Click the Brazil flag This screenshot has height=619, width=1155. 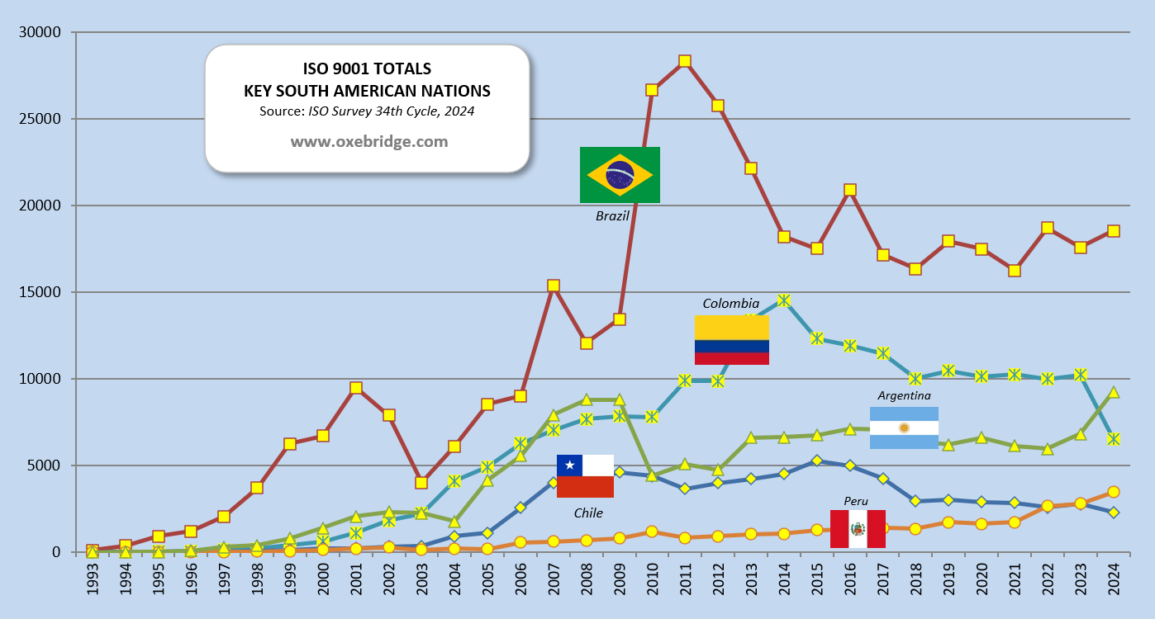pyautogui.click(x=620, y=174)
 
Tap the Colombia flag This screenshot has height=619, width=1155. pyautogui.click(x=732, y=339)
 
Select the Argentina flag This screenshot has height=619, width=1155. pyautogui.click(x=904, y=428)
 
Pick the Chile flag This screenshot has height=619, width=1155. pyautogui.click(x=585, y=476)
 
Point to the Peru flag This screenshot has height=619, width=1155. pyautogui.click(x=858, y=528)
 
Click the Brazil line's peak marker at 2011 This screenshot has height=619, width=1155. pyautogui.click(x=684, y=61)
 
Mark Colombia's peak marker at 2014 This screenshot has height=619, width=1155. pyautogui.click(x=784, y=300)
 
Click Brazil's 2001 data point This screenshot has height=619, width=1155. pyautogui.click(x=355, y=388)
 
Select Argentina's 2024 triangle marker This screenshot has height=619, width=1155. pyautogui.click(x=1114, y=392)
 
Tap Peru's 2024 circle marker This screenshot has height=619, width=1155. pyautogui.click(x=1114, y=492)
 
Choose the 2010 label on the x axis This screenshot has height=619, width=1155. pyautogui.click(x=652, y=581)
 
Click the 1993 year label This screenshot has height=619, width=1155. pyautogui.click(x=93, y=581)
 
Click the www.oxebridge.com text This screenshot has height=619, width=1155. pyautogui.click(x=368, y=141)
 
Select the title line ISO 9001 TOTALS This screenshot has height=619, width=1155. pyautogui.click(x=367, y=69)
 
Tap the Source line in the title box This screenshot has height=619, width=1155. pyautogui.click(x=367, y=111)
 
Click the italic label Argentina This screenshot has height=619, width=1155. pyautogui.click(x=904, y=395)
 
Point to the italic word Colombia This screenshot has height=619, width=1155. pyautogui.click(x=730, y=304)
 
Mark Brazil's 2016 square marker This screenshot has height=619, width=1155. pyautogui.click(x=849, y=190)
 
